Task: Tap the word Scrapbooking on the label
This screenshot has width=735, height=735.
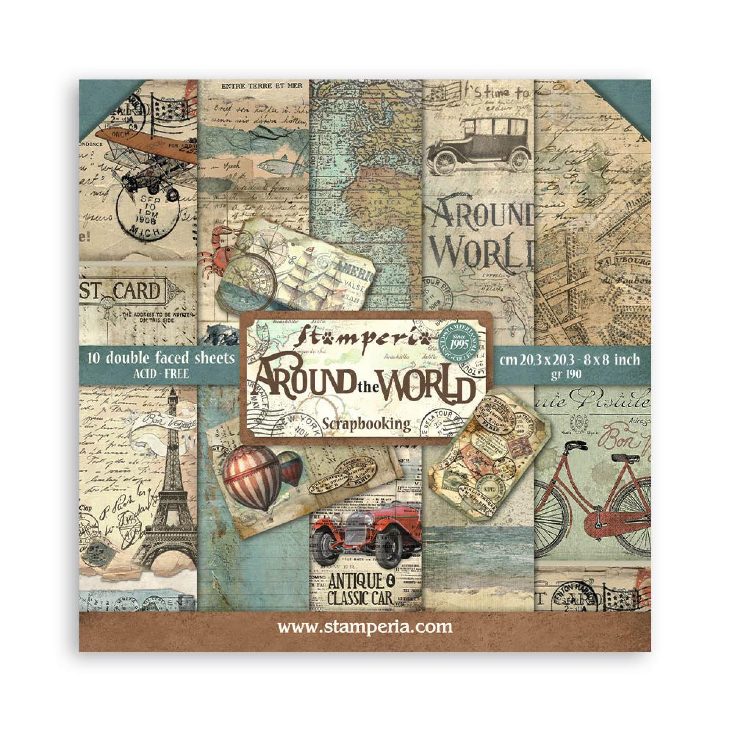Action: (366, 423)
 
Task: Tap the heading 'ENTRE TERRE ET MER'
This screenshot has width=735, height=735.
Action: (254, 87)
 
